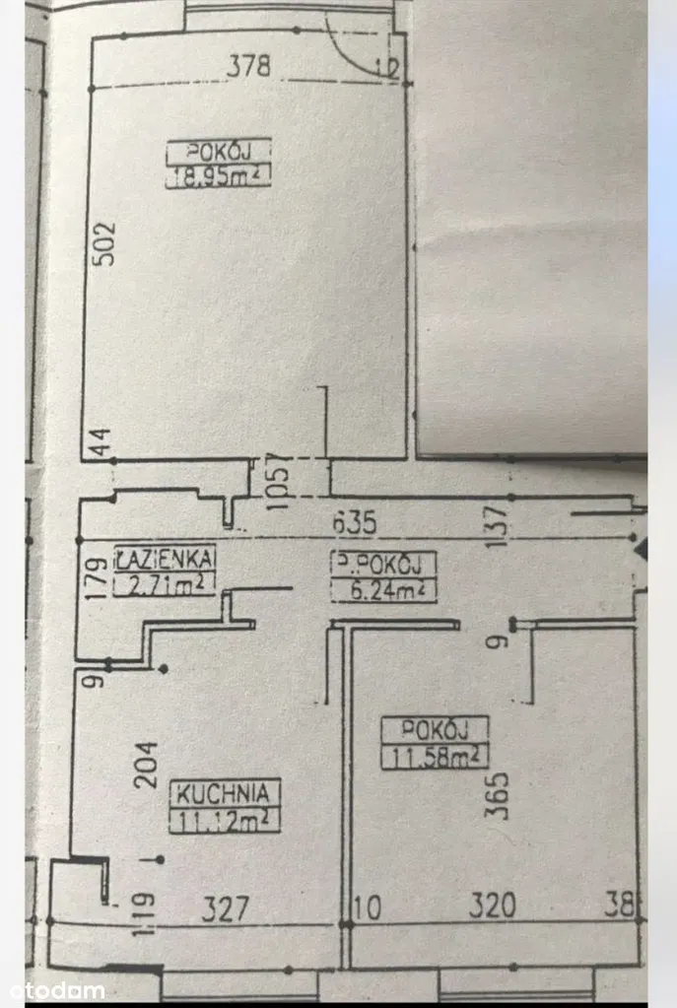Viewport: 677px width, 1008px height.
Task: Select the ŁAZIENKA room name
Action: (165, 559)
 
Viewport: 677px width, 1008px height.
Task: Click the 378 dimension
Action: (250, 67)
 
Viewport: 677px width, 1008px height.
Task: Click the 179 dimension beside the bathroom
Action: (96, 578)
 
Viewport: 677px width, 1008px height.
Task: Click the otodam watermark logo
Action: (57, 989)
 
